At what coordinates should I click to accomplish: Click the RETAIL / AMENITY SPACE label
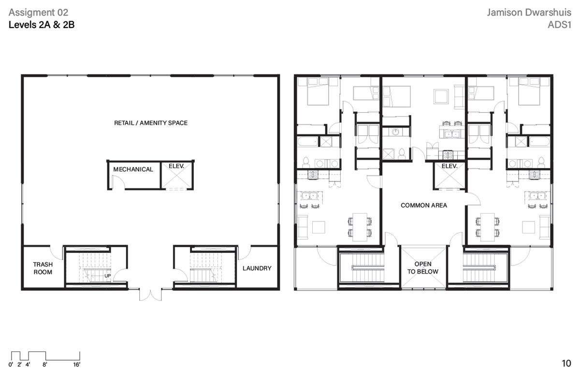click(x=151, y=123)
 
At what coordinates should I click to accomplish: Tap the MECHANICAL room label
click(x=133, y=169)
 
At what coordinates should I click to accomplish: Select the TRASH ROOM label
click(x=43, y=268)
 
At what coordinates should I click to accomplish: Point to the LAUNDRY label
click(x=257, y=268)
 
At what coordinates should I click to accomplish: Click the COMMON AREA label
click(x=424, y=205)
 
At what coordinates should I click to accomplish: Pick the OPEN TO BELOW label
click(x=423, y=268)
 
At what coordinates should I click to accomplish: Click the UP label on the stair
click(x=107, y=275)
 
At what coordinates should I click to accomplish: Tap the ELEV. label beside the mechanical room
click(x=176, y=166)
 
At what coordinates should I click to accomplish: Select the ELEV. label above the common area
click(x=449, y=166)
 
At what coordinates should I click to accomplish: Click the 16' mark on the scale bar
click(x=77, y=364)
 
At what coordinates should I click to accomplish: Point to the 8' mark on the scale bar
click(x=45, y=364)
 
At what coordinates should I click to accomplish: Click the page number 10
click(x=566, y=363)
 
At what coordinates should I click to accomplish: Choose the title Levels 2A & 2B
click(x=42, y=25)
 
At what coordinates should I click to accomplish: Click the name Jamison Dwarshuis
click(x=529, y=13)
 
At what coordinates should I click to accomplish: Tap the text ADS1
click(x=559, y=25)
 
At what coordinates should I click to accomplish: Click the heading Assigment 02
click(x=38, y=13)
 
